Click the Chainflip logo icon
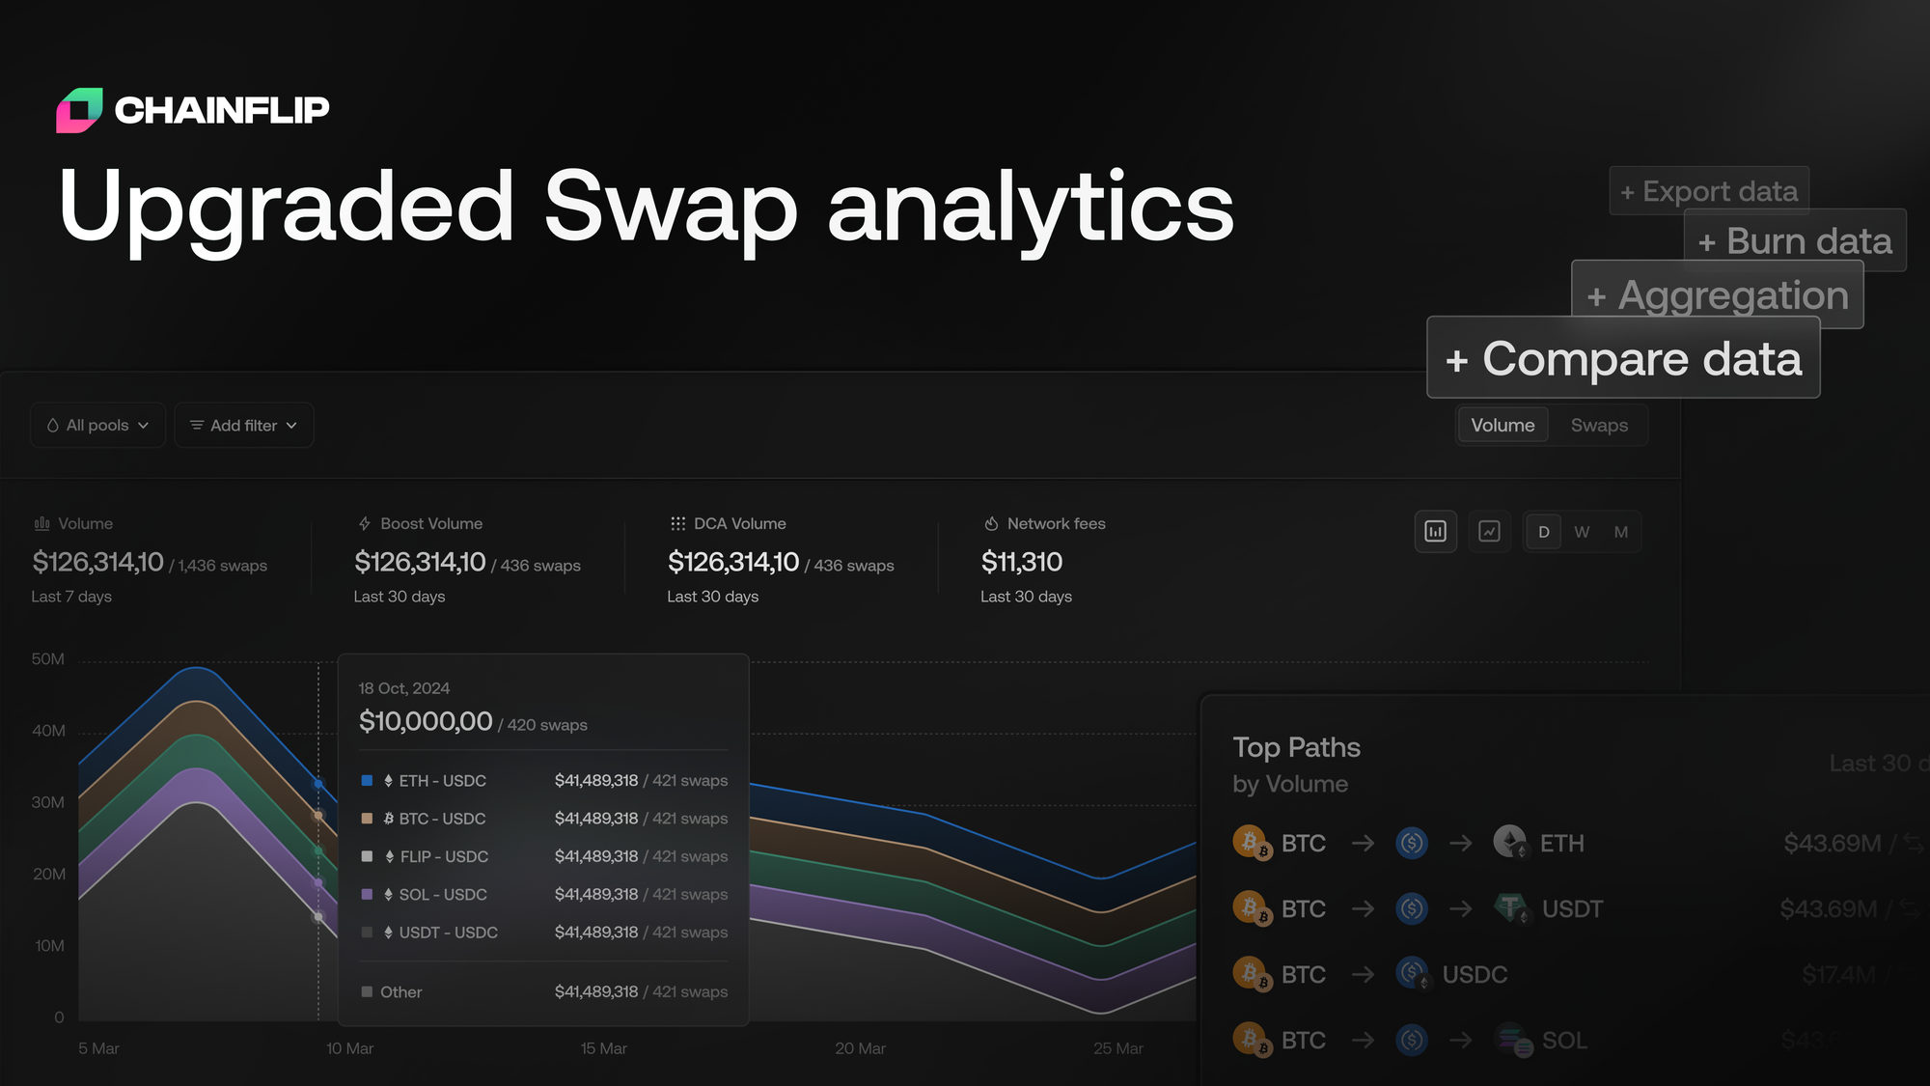79,110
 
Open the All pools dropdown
97,425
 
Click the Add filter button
243,425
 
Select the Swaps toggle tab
1598,425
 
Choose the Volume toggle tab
1502,425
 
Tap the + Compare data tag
1623,358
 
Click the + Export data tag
1708,191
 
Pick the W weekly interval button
1582,532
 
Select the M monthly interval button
1620,532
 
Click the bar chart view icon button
1435,532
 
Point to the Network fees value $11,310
1021,562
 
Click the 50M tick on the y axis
47,659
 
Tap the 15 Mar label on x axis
603,1048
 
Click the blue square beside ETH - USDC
367,780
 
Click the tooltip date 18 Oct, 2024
403,688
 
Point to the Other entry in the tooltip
400,992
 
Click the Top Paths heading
1296,747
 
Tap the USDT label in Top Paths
1571,909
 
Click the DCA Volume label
739,523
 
